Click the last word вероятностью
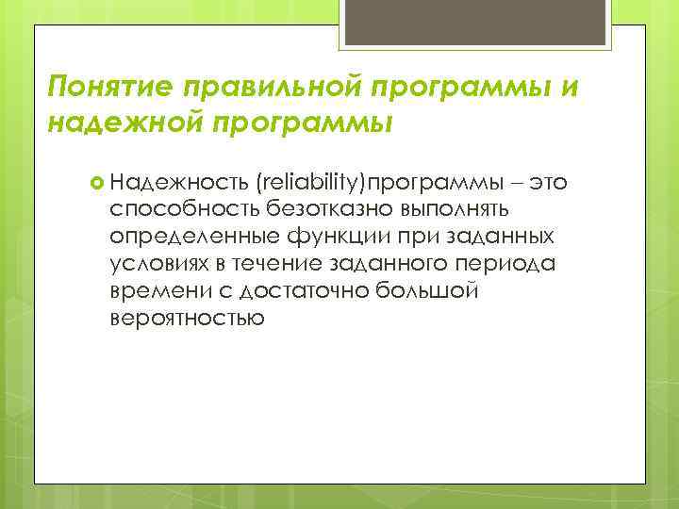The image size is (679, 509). [x=186, y=318]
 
